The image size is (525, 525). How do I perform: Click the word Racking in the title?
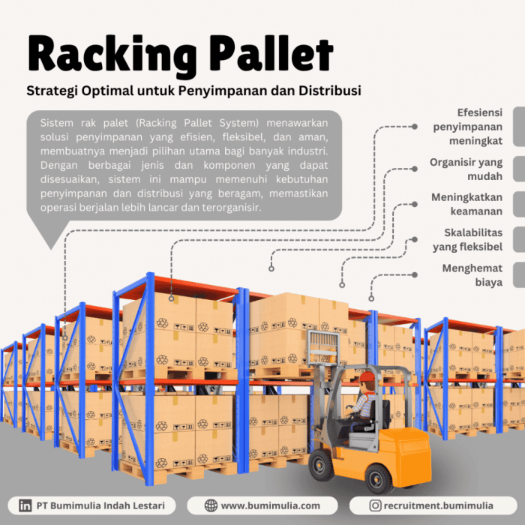(x=112, y=55)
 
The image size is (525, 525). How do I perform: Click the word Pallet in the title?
(x=271, y=53)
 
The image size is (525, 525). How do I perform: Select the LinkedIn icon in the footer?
(x=25, y=505)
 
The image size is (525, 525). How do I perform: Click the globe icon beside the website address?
(x=211, y=505)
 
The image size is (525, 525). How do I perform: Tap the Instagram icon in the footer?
(x=375, y=505)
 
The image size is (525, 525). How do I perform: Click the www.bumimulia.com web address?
(x=271, y=505)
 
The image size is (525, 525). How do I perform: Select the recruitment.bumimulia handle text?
(x=438, y=505)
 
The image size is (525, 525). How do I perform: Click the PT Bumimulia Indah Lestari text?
(x=100, y=505)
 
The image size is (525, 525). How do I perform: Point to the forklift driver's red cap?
(x=367, y=376)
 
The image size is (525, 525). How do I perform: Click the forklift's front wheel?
(x=321, y=466)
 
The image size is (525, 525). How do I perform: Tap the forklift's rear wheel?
(x=378, y=479)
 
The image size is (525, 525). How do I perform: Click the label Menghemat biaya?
(x=472, y=275)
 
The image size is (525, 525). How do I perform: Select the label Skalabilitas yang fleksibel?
(x=467, y=240)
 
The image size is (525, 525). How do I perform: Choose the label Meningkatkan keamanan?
(x=466, y=204)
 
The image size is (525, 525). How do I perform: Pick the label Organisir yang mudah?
(x=466, y=169)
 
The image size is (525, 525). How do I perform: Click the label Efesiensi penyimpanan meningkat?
(x=468, y=127)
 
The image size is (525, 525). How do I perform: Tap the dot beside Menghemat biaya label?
(x=415, y=275)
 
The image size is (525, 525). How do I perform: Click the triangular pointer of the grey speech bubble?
(x=50, y=232)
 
